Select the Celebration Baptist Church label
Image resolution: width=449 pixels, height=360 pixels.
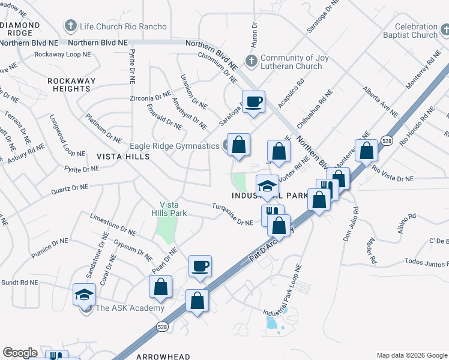(416, 31)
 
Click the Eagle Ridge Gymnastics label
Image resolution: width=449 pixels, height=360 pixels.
(175, 146)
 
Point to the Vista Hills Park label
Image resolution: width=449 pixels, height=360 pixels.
(173, 209)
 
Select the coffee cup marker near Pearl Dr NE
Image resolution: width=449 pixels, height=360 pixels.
(200, 266)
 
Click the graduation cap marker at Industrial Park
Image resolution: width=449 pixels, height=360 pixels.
(267, 185)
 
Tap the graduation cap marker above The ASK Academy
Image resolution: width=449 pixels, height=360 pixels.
(84, 294)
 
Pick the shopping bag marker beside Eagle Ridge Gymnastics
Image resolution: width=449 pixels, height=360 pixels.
(238, 145)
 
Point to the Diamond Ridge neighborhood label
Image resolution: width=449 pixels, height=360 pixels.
(20, 29)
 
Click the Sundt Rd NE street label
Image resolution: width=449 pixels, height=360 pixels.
(19, 282)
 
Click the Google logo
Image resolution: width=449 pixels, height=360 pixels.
(20, 353)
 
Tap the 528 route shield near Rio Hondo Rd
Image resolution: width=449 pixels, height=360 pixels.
(387, 141)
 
